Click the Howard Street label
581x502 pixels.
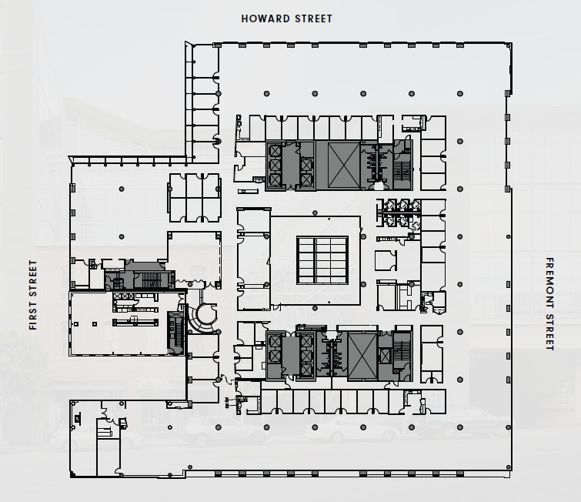coord(287,18)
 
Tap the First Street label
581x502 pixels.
coord(33,295)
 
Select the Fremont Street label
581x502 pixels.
coord(549,304)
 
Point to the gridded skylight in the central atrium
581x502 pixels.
coord(322,259)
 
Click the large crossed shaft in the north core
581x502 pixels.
coord(343,165)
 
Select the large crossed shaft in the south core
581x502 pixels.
coord(362,356)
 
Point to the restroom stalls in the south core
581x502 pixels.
coord(333,356)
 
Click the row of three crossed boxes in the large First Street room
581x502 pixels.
coord(122,296)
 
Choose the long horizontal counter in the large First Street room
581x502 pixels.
coord(135,320)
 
